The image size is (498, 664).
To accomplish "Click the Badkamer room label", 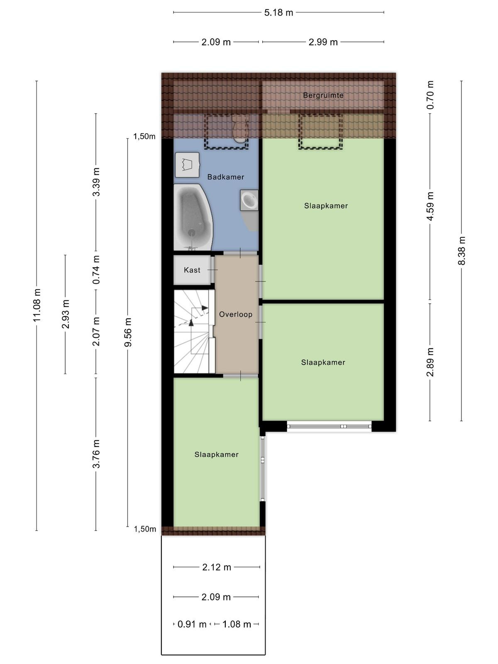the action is [x=226, y=177].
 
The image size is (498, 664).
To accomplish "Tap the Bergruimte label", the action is [x=323, y=95].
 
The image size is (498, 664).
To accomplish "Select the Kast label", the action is [x=192, y=270].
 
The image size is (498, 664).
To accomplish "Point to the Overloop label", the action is [x=236, y=314].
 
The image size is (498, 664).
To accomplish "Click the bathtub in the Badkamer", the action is [x=193, y=217].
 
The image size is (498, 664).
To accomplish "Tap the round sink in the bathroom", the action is [x=249, y=200].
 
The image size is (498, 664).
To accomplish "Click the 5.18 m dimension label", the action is [x=278, y=12].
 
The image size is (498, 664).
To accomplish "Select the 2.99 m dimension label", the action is [x=323, y=42].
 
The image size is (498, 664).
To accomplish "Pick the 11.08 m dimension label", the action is [x=37, y=305].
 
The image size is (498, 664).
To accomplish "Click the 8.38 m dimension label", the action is [x=461, y=251].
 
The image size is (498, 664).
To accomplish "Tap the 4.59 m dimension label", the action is [x=430, y=206].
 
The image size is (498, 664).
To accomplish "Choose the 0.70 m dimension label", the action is [x=430, y=95].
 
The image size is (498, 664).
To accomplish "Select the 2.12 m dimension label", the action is [x=217, y=567].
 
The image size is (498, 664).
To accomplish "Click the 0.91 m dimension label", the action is [x=192, y=624].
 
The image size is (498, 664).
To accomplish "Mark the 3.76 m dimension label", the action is [x=96, y=454].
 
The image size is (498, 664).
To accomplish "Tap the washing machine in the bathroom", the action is [x=187, y=165].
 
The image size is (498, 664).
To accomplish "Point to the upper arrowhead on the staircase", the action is [x=205, y=308].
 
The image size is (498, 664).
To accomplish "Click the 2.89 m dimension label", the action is [x=430, y=362].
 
